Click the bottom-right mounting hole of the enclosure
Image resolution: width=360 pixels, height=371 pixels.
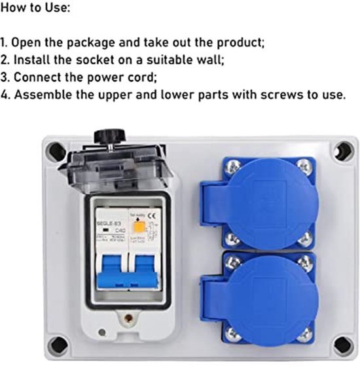point(340,344)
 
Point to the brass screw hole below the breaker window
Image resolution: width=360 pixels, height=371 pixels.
point(128,319)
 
